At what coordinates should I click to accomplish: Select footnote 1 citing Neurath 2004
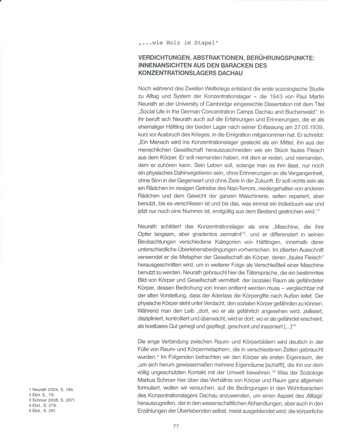click(x=51, y=389)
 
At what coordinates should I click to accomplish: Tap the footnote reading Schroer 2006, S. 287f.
click(x=52, y=400)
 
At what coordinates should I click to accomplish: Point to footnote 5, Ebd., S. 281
click(x=43, y=411)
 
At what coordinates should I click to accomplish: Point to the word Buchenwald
click(x=300, y=112)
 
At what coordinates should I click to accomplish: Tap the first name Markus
click(x=146, y=380)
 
